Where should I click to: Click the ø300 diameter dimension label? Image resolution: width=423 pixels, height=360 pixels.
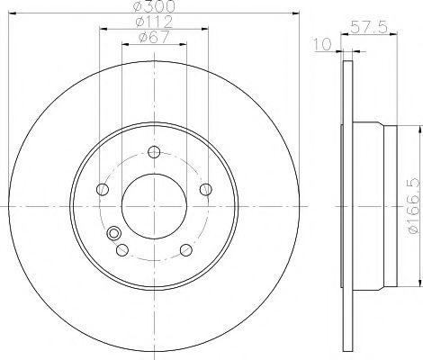pos(153,6)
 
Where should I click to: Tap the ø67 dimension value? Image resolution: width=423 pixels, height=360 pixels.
pos(153,37)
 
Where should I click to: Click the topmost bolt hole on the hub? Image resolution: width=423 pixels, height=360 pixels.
pos(154,151)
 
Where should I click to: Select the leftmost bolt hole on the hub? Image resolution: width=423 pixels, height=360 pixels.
pos(102,189)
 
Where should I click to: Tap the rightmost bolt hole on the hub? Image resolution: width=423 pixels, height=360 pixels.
pos(206,189)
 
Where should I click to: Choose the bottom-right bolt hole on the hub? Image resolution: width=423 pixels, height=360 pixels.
pos(185,250)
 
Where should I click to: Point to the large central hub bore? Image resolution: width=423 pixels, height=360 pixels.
pos(154,206)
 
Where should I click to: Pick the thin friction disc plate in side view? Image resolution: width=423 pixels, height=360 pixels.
pos(346,206)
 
